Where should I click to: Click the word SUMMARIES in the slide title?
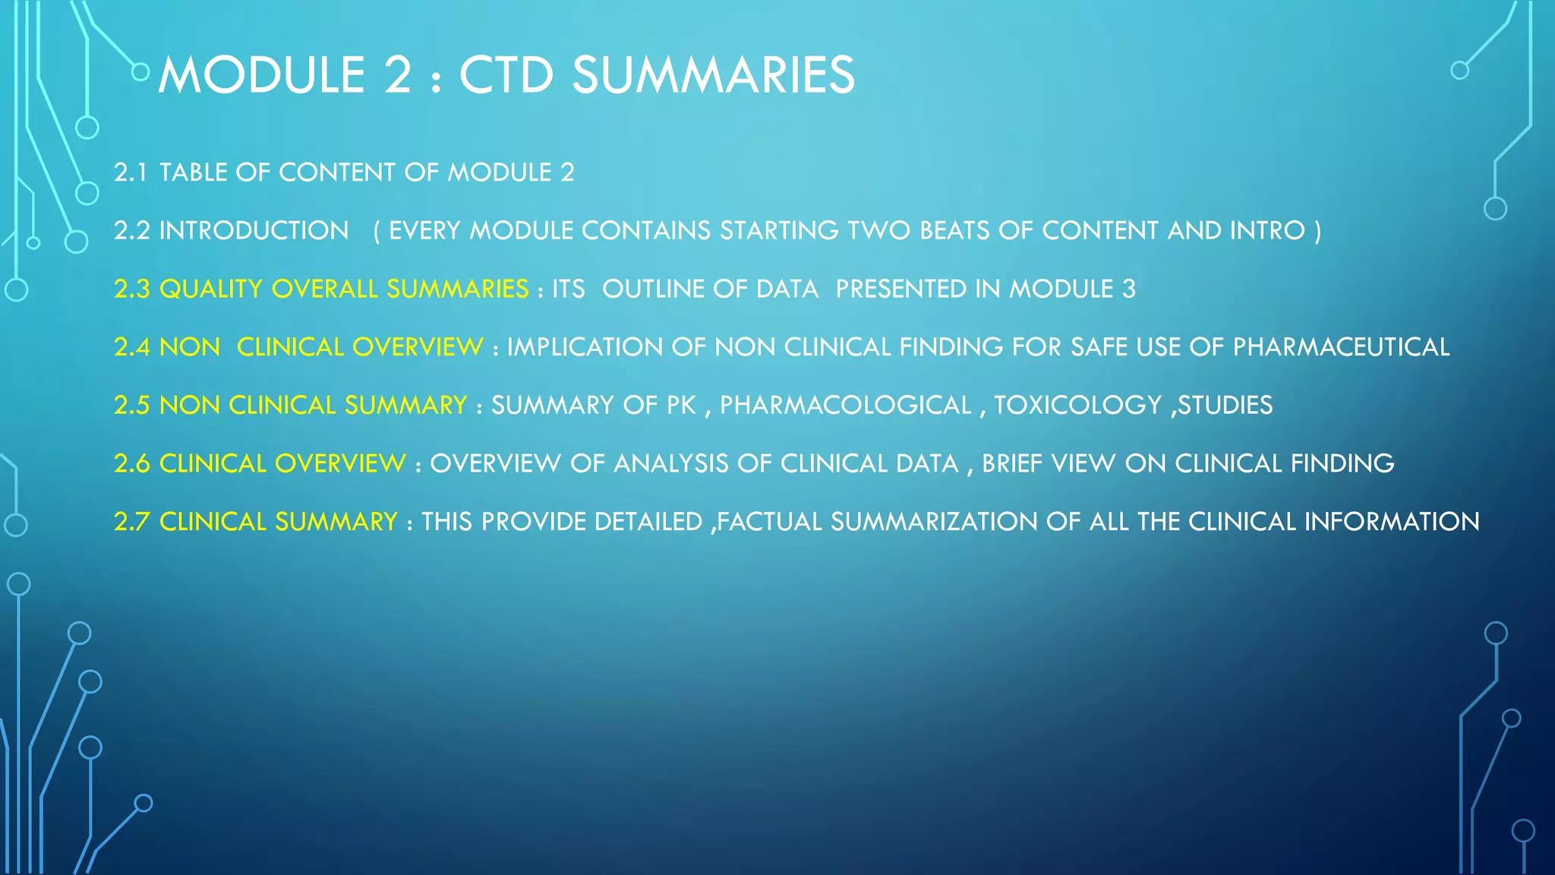point(713,75)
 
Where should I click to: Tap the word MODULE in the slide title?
point(262,75)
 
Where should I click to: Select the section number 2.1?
point(131,172)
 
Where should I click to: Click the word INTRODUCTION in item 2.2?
point(254,230)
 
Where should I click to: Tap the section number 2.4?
point(131,347)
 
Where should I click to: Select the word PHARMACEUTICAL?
point(1341,347)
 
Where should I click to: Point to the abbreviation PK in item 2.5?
point(681,405)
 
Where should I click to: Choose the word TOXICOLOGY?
point(1078,405)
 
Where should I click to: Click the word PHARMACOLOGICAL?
point(845,405)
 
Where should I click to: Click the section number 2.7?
point(131,522)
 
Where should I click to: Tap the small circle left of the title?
point(140,72)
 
